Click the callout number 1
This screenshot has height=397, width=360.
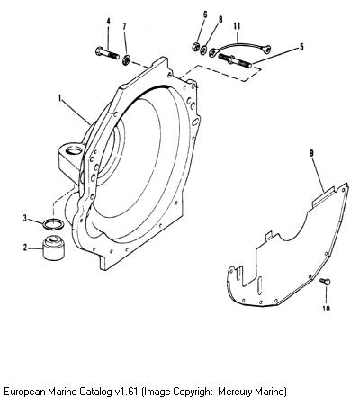(60, 98)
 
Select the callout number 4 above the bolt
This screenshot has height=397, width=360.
(109, 22)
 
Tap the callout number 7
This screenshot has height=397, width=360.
(125, 26)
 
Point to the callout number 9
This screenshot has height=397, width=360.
(311, 153)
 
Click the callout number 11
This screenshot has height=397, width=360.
(237, 26)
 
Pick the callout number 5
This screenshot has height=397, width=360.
(301, 47)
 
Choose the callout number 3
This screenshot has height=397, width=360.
(25, 218)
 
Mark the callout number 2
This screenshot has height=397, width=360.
(25, 248)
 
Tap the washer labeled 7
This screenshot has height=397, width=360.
(126, 59)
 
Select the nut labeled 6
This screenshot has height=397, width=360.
(195, 47)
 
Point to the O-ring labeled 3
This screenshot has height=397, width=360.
(53, 225)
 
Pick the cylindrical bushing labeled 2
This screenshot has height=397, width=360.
(53, 248)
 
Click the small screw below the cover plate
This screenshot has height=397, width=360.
(325, 282)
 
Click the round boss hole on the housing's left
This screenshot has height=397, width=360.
(73, 149)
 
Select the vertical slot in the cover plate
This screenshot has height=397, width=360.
(261, 285)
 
